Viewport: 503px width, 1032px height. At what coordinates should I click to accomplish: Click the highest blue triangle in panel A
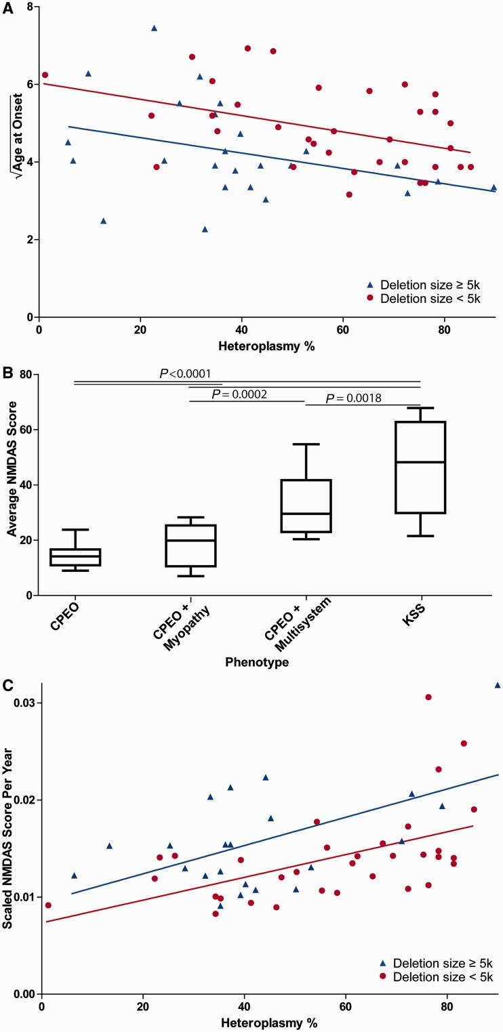[154, 28]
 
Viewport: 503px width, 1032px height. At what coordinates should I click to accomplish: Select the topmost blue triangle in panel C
[498, 685]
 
